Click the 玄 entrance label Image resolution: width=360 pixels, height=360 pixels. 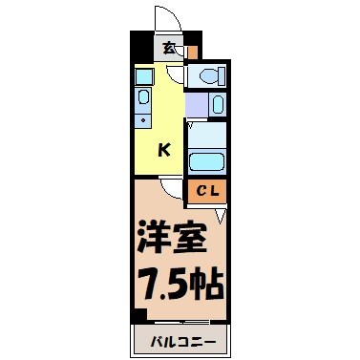(168, 47)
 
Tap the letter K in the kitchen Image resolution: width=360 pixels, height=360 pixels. (164, 149)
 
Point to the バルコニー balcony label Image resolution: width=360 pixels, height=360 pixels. (180, 340)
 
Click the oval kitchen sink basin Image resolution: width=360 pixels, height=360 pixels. (143, 96)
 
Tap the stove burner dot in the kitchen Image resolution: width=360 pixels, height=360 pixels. (143, 121)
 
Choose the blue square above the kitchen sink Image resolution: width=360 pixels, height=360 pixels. (143, 74)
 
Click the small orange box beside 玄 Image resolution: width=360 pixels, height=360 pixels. (193, 51)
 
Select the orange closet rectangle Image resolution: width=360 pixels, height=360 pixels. (206, 191)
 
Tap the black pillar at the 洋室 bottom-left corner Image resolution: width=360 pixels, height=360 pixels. (139, 316)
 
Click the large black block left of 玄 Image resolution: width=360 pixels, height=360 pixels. (142, 47)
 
